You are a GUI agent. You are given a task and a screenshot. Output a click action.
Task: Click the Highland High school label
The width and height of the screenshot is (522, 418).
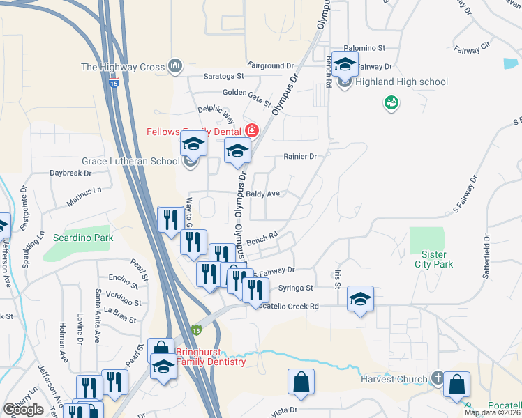pos(401,82)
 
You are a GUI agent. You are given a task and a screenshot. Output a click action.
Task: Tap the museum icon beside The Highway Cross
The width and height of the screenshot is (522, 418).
pos(174,67)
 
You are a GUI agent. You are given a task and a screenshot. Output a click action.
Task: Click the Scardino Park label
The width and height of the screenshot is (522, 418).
pos(82,238)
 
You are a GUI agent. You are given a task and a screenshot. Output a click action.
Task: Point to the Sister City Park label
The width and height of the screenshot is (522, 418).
pos(433,259)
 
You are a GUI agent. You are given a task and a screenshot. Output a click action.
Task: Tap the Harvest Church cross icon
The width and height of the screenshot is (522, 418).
pos(437,379)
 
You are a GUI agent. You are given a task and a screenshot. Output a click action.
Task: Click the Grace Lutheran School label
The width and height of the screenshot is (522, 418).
pos(130,161)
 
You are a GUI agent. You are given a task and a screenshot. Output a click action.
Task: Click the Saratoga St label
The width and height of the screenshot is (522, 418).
pos(223,75)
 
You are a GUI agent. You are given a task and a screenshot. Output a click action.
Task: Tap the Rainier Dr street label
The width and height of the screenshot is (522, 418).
pos(300,157)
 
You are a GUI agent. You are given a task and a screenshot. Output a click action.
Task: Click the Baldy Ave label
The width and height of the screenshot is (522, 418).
pos(264,193)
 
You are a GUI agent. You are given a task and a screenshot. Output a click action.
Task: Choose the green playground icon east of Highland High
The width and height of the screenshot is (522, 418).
pos(391,103)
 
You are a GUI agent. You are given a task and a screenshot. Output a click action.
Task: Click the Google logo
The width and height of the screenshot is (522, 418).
pos(23,410)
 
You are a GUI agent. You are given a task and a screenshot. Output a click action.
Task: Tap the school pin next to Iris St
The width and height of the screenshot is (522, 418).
pos(359,300)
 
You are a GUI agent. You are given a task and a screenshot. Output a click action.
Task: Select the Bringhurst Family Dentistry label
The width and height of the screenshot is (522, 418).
pos(211,357)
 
